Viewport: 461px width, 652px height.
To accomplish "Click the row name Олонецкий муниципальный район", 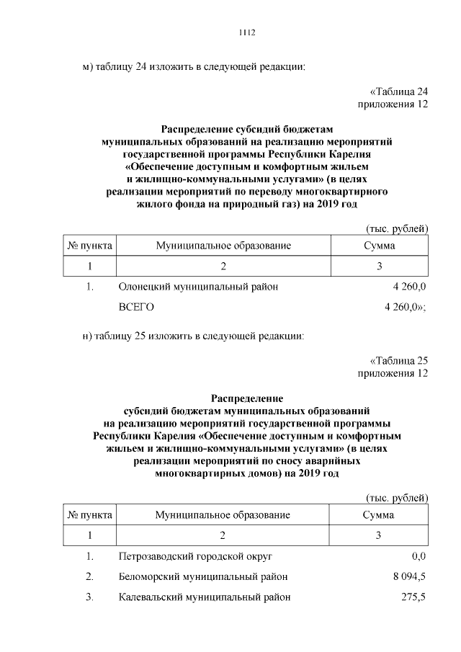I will [x=198, y=287].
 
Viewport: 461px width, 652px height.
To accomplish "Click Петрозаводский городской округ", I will [x=195, y=557].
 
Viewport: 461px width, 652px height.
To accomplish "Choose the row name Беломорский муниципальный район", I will [x=203, y=577].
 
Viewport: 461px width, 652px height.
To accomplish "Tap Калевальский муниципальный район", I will [x=205, y=597].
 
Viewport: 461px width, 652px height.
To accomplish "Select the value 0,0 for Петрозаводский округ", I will [x=419, y=557].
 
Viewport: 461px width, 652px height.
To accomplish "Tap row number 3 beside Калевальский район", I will [x=89, y=597].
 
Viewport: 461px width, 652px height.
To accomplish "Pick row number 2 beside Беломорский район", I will [x=89, y=577].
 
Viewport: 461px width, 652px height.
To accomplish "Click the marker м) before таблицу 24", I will [x=89, y=67].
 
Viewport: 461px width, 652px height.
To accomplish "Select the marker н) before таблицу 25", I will [x=89, y=336].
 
